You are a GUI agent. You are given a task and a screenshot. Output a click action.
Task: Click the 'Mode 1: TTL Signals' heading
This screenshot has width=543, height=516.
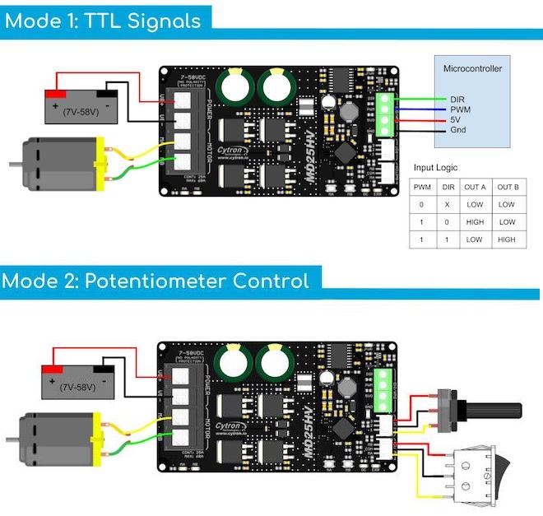tap(103, 21)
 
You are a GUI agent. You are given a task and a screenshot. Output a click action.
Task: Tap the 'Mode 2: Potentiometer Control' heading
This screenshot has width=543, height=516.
tap(155, 281)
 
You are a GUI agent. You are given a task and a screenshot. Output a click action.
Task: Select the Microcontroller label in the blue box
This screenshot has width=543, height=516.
tap(471, 68)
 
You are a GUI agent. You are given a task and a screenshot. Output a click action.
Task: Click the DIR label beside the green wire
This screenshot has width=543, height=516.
tap(458, 99)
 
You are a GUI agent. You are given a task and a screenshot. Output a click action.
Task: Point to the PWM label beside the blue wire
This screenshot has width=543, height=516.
tap(460, 109)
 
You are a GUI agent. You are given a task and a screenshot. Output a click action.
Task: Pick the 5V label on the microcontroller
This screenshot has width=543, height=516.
tap(456, 120)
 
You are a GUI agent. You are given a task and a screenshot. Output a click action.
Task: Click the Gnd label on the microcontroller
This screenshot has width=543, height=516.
tap(458, 131)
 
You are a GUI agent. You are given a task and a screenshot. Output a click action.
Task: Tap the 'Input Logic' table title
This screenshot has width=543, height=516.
tap(434, 167)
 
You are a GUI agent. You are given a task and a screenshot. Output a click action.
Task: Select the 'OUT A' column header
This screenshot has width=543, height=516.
tap(474, 187)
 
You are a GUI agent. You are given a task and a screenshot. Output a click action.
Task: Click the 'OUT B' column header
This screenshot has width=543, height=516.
tap(507, 187)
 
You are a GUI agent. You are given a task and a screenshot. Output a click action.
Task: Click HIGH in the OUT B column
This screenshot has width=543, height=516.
tap(507, 239)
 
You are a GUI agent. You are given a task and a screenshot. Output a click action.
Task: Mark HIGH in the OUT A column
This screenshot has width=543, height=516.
tap(474, 222)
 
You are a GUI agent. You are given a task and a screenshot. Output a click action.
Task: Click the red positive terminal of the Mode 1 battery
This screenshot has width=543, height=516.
tap(56, 93)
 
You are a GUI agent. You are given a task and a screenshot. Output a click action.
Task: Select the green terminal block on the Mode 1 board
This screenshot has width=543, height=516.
tap(385, 113)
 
